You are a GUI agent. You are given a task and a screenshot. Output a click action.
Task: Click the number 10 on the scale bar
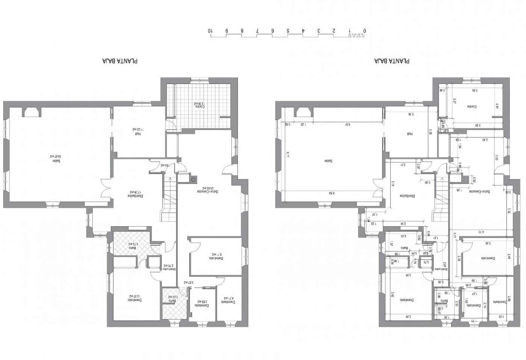pos(210,30)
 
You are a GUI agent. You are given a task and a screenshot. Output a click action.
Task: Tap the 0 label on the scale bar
pos(365,30)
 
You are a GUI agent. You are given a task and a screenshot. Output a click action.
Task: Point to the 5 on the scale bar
pos(288,30)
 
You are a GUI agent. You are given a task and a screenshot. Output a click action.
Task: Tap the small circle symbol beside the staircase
pos(193,180)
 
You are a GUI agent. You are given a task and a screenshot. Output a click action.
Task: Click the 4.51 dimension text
pos(347,124)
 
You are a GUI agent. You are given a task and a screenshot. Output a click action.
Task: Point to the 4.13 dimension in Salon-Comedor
pos(481,232)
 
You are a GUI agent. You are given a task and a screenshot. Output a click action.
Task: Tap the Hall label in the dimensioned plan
pos(410,134)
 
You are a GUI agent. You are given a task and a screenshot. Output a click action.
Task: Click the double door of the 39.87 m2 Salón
pos(106,187)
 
